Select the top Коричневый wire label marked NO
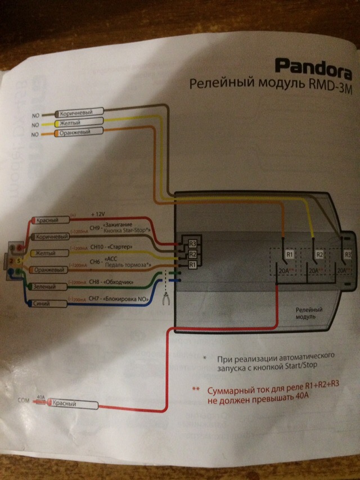coord(78,112)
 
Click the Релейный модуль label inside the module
coord(309,314)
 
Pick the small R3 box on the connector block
coord(192,244)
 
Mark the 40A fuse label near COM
coord(40,397)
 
